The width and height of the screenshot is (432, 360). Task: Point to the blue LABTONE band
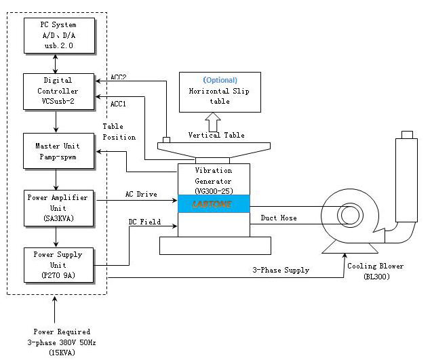[214, 203]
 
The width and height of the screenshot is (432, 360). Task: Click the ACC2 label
[119, 77]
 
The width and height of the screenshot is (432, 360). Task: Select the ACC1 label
[119, 104]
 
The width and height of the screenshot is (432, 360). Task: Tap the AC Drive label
[141, 195]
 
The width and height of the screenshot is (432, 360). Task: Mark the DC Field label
[144, 222]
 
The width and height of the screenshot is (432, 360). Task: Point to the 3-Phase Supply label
[281, 270]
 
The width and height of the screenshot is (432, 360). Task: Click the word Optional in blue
[220, 80]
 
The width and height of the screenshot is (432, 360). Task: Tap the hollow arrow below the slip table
[214, 122]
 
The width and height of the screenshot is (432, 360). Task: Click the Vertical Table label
[214, 135]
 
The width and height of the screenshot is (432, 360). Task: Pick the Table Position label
[119, 132]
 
